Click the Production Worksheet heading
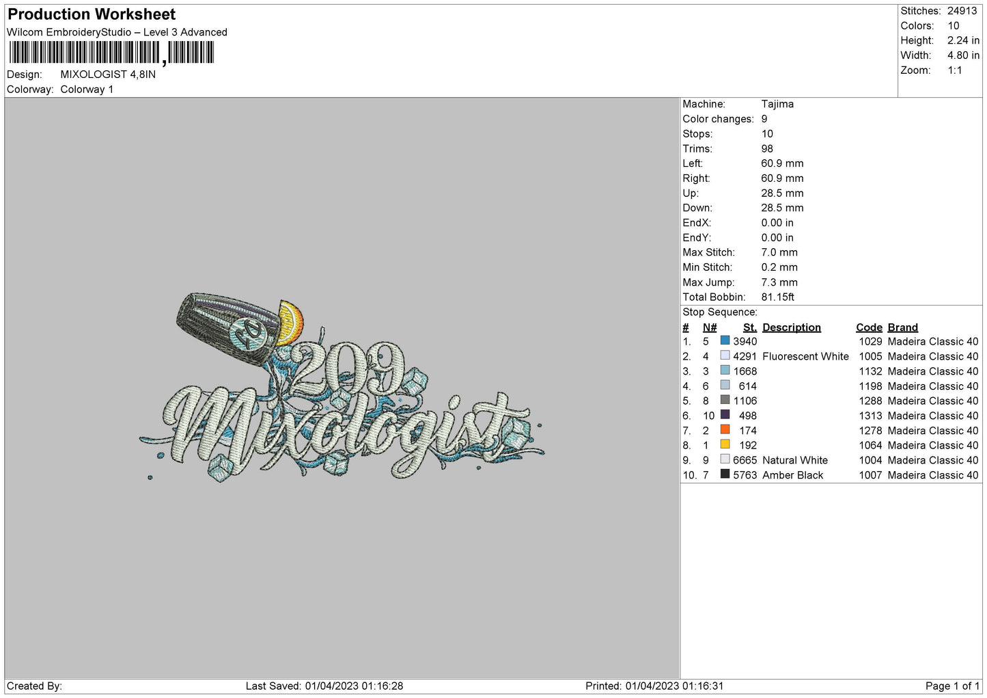92,14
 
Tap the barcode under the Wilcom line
111,53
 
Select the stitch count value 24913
962,11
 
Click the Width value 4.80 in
963,55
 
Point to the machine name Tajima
777,104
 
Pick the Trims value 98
767,148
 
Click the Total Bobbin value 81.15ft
778,297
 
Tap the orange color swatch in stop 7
725,429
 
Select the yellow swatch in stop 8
725,444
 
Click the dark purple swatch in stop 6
725,414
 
